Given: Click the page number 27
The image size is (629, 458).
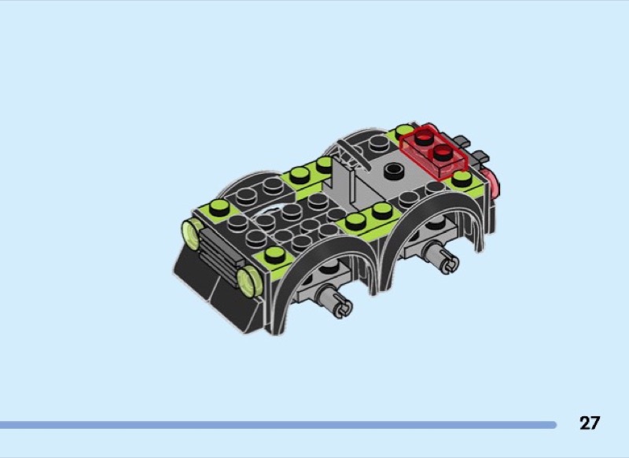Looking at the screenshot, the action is (x=589, y=423).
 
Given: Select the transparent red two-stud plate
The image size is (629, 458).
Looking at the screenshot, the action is (x=434, y=150).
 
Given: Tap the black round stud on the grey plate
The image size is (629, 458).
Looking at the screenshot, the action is (x=394, y=171).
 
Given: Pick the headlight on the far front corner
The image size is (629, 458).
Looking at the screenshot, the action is (x=193, y=234).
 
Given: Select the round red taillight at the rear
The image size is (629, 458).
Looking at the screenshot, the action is (x=492, y=182).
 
